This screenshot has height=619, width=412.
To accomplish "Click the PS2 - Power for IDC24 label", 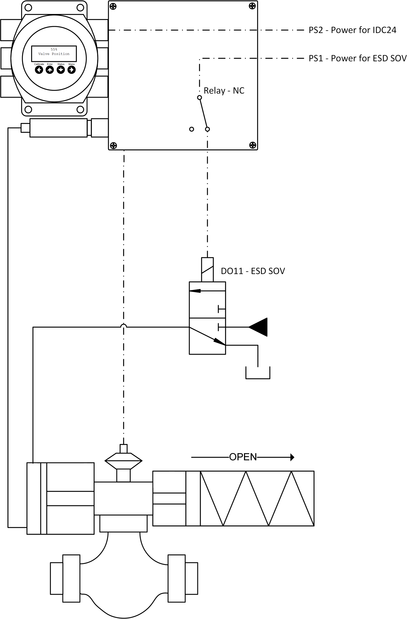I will [x=352, y=30].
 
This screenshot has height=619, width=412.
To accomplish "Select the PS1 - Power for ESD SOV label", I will [x=357, y=58].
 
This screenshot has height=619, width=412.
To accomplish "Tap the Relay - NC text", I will [x=224, y=90].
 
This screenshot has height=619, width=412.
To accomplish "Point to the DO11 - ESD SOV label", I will [x=253, y=271].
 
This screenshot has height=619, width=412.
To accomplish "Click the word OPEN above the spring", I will [x=243, y=457].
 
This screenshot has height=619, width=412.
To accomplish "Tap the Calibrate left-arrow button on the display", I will [x=39, y=70].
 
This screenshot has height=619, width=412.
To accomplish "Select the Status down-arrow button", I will [x=61, y=70].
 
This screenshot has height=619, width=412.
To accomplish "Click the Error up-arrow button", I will [x=50, y=70].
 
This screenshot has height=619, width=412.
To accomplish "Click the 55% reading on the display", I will [x=54, y=49].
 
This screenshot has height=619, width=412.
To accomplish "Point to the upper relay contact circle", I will [x=199, y=98].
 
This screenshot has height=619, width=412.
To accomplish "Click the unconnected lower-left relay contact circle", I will [x=192, y=129].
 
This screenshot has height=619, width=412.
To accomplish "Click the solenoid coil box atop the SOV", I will [x=207, y=270].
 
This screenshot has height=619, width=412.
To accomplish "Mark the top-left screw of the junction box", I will [x=113, y=6].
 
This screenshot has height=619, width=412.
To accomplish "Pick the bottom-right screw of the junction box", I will [x=252, y=145].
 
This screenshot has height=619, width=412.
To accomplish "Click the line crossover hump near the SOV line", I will [x=124, y=326].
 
